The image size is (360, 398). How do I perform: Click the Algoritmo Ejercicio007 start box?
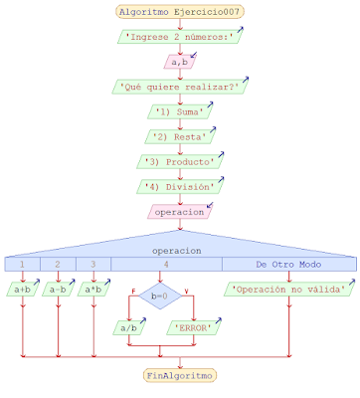179,13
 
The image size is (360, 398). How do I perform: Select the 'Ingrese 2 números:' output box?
179,39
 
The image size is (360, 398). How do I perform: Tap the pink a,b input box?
179,63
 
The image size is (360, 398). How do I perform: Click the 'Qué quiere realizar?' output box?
179,87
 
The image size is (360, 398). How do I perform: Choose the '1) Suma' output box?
179,111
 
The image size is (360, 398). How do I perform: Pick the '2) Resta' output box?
179,135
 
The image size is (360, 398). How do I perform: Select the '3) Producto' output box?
179,160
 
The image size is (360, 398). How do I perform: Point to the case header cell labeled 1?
22,265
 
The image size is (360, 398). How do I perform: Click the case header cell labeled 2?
58,265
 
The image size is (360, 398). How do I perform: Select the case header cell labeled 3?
93,265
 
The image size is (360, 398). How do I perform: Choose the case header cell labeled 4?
165,265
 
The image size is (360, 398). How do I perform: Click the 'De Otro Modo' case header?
288,265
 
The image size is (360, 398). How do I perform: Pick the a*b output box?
93,290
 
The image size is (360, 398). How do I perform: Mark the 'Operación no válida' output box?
288,290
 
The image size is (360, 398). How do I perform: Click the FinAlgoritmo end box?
179,375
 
